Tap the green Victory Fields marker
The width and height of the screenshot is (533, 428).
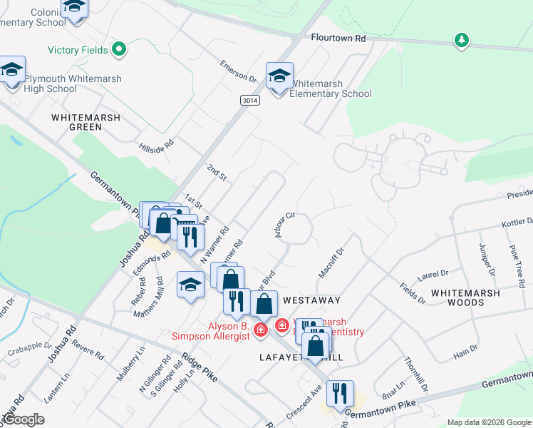click(119, 50)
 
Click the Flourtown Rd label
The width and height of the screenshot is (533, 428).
click(337, 37)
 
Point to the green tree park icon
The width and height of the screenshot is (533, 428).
click(462, 40)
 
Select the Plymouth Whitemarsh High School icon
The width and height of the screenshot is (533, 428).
click(12, 72)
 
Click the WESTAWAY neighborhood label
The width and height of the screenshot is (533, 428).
click(312, 300)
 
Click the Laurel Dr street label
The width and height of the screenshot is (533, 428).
click(433, 273)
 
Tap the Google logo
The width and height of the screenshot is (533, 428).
click(24, 419)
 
